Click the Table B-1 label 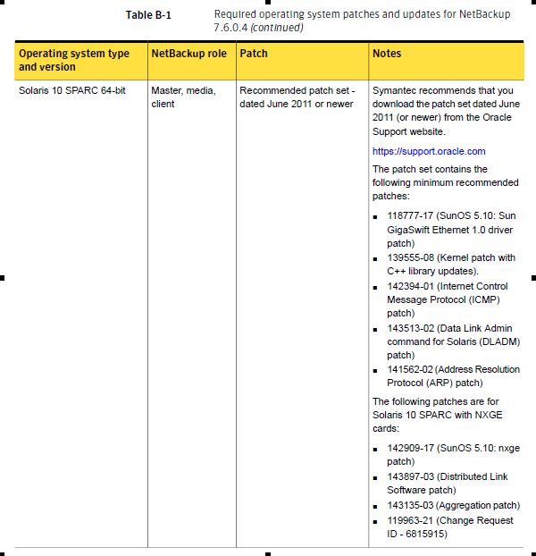(148, 15)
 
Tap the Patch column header (254, 54)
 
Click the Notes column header (387, 54)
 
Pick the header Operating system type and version (74, 60)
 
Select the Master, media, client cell (183, 97)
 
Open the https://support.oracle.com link (429, 151)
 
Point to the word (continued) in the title (276, 28)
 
